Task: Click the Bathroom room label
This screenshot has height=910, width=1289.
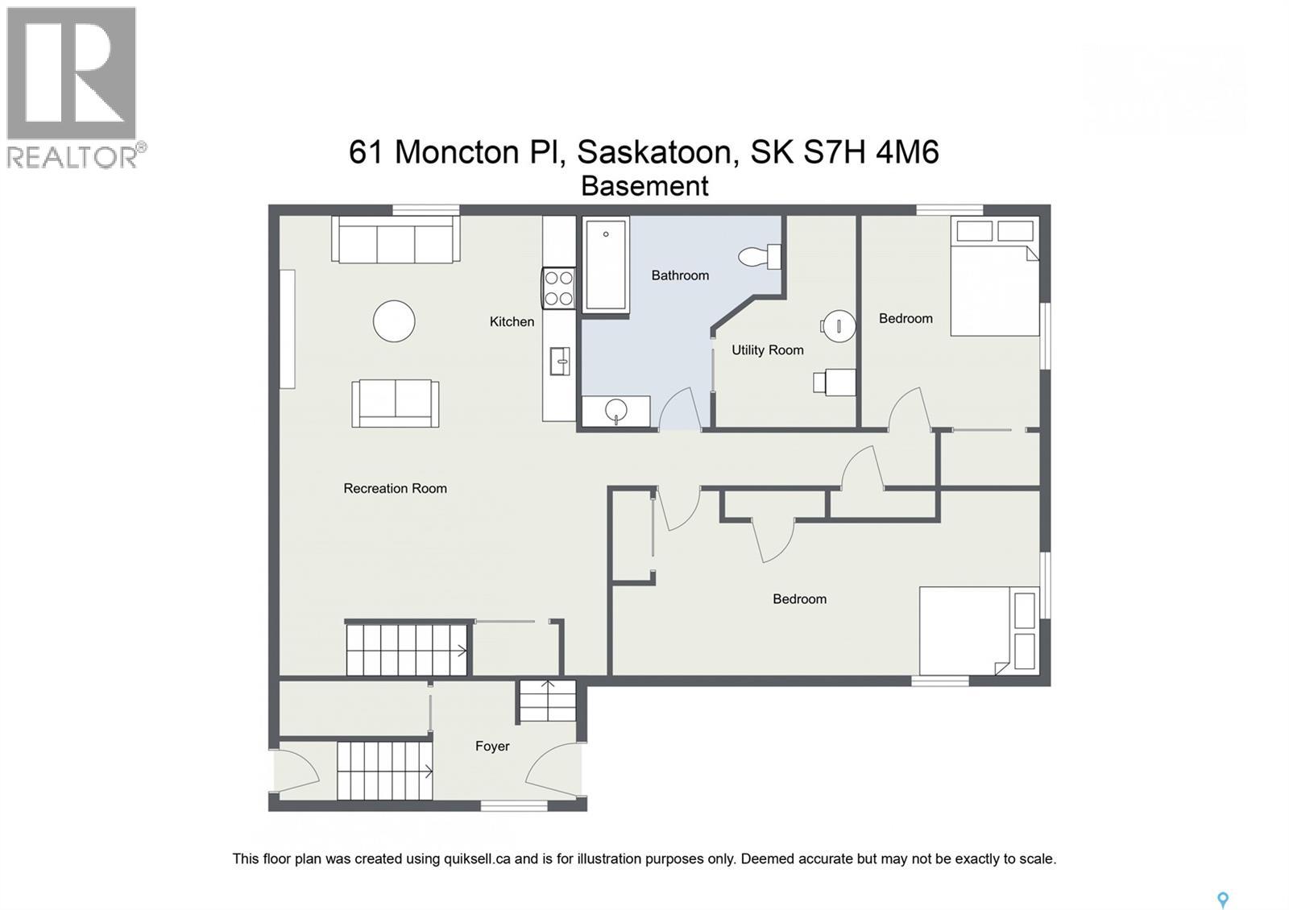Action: point(680,275)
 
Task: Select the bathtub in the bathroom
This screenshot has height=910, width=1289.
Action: point(605,263)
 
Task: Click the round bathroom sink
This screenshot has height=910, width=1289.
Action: point(617,410)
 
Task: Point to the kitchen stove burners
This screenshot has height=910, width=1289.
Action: point(558,288)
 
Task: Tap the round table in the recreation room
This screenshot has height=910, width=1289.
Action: point(394,321)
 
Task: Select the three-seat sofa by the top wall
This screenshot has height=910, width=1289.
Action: point(395,239)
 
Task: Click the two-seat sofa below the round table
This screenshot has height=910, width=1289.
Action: point(395,403)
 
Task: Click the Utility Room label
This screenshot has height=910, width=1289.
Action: point(767,350)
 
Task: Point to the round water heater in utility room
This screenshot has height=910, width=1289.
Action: point(838,326)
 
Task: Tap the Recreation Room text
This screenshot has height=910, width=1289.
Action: point(395,489)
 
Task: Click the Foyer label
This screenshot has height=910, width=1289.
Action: point(491,747)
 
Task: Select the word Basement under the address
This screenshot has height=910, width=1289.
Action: point(644,186)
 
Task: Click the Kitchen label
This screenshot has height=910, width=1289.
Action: point(512,322)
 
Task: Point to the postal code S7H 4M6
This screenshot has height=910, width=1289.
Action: point(871,152)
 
